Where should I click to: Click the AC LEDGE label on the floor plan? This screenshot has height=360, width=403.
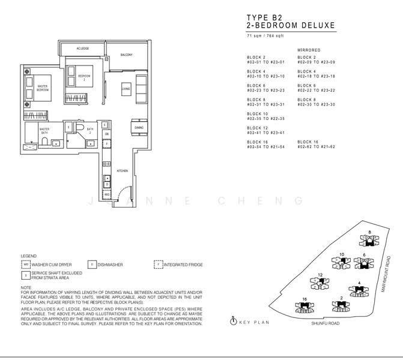pyautogui.click(x=82, y=49)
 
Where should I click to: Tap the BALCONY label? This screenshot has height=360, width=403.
pyautogui.click(x=126, y=55)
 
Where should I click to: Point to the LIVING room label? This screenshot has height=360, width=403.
pyautogui.click(x=126, y=89)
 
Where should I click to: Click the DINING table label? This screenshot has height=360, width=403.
pyautogui.click(x=138, y=128)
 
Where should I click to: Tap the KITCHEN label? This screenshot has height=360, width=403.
pyautogui.click(x=122, y=171)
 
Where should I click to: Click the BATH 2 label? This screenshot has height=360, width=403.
pyautogui.click(x=89, y=129)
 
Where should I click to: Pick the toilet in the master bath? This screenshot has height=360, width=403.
pyautogui.click(x=44, y=142)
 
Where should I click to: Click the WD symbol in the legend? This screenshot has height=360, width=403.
pyautogui.click(x=26, y=264)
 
